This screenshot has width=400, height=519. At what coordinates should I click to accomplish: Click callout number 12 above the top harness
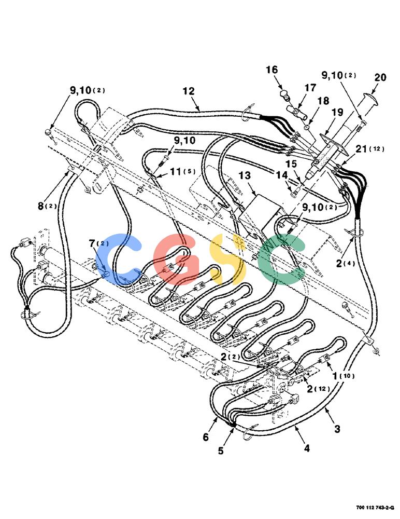point(189,91)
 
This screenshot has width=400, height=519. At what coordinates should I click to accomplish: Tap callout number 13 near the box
point(245,175)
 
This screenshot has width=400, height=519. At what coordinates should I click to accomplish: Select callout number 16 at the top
point(272,70)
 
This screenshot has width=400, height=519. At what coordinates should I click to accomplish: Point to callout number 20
point(380,77)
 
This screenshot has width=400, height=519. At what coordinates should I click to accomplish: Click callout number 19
point(337,112)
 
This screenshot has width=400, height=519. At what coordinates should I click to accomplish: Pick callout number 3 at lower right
point(337,429)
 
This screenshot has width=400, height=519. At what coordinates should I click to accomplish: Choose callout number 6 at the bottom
point(206,437)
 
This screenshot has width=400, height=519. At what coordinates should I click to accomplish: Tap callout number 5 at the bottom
point(221,450)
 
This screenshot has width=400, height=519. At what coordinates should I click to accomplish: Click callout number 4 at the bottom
point(307,448)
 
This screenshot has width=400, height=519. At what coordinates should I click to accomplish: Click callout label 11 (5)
point(183,171)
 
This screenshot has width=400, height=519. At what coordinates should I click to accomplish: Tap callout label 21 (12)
point(370,149)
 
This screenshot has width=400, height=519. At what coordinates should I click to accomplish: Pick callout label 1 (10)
point(344,376)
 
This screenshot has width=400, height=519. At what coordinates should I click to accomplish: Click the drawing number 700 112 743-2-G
point(375,508)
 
